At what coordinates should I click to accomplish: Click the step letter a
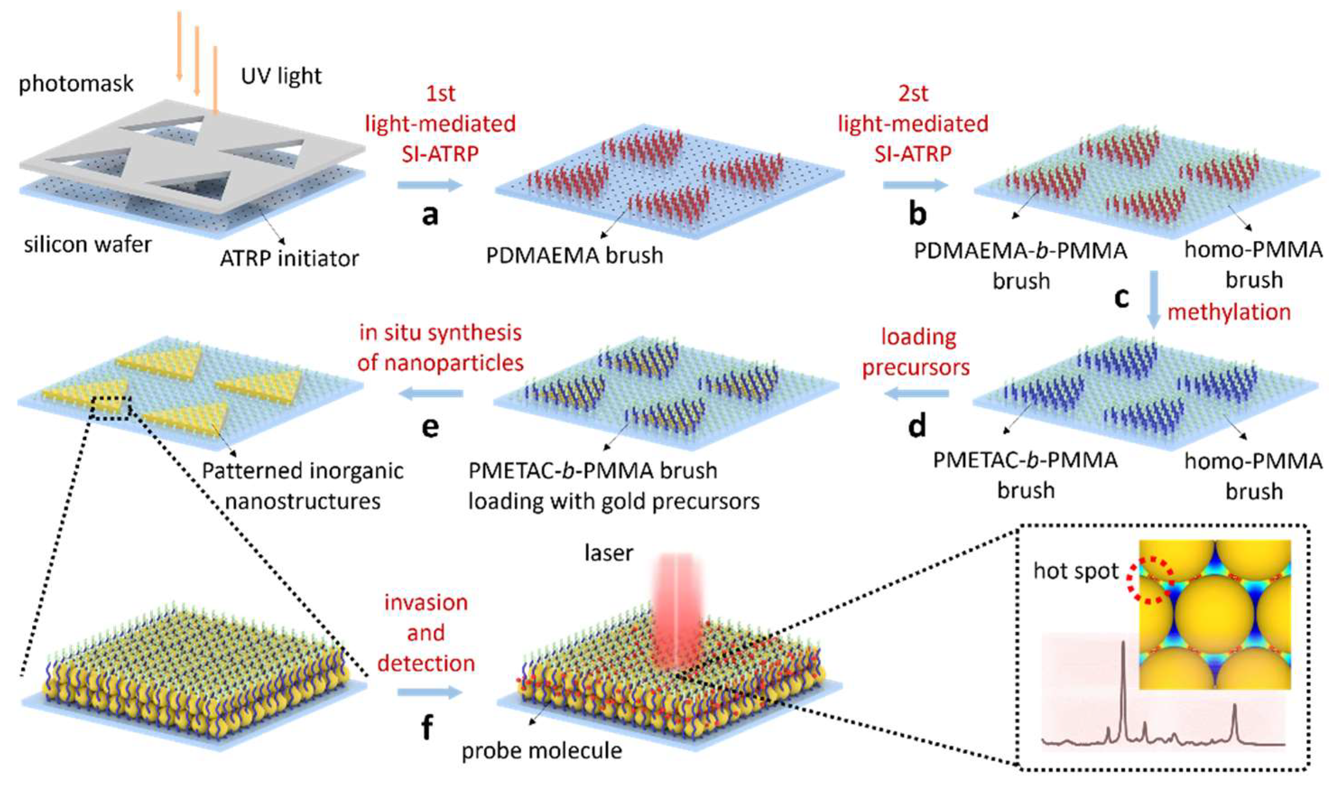(x=430, y=214)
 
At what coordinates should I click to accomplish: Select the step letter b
(x=917, y=214)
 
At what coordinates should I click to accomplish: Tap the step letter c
(x=1121, y=297)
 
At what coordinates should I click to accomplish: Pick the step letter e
(x=430, y=426)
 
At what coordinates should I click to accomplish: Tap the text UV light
(x=281, y=76)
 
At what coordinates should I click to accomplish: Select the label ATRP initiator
(x=289, y=259)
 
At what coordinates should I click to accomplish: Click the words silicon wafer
(x=88, y=245)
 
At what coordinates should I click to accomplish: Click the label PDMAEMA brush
(x=574, y=255)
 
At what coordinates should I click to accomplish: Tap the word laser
(x=609, y=553)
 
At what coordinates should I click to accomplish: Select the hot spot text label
(x=1076, y=572)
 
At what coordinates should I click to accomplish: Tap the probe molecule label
(x=542, y=750)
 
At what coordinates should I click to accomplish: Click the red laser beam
(x=673, y=598)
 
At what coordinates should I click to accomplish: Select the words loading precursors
(x=917, y=352)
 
